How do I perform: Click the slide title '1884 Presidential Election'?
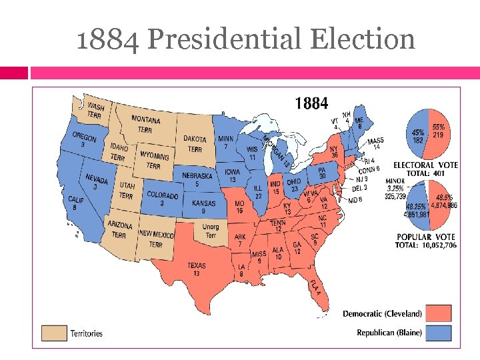click(x=245, y=39)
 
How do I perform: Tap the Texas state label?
click(x=197, y=269)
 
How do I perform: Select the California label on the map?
click(x=77, y=203)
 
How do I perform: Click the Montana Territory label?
click(x=145, y=124)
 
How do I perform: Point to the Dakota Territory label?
click(x=195, y=144)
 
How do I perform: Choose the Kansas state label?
click(x=203, y=207)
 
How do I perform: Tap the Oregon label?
click(x=85, y=141)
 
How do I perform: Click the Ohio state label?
click(x=294, y=185)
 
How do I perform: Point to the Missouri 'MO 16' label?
click(x=239, y=207)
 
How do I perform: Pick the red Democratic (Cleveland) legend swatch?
click(x=439, y=313)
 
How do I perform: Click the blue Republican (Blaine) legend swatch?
click(x=439, y=332)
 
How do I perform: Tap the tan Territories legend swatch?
click(x=55, y=333)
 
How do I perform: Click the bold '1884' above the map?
click(x=311, y=103)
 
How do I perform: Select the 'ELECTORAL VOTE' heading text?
click(x=425, y=165)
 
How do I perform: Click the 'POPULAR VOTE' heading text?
click(x=425, y=237)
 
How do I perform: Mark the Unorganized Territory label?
click(x=210, y=232)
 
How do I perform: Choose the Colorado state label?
click(x=162, y=199)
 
